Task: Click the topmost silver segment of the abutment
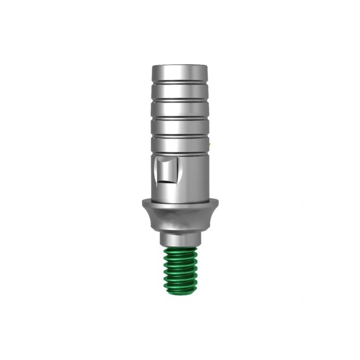pyautogui.click(x=180, y=72)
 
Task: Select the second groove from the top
pyautogui.click(x=180, y=99)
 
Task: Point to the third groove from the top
pyautogui.click(x=180, y=117)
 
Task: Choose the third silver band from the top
pyautogui.click(x=180, y=108)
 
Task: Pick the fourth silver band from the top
pyautogui.click(x=180, y=126)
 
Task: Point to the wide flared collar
pyautogui.click(x=180, y=211)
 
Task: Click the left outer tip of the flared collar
pyautogui.click(x=142, y=202)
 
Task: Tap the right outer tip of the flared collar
pyautogui.click(x=218, y=202)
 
